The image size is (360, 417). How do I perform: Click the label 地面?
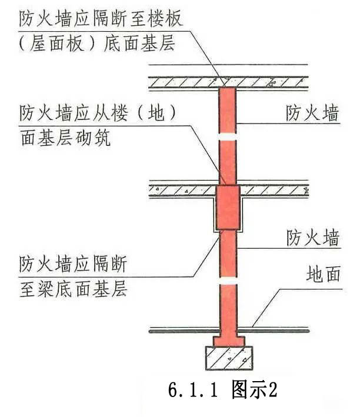coord(324,274)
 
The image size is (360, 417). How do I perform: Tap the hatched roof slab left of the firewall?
coord(182,82)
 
